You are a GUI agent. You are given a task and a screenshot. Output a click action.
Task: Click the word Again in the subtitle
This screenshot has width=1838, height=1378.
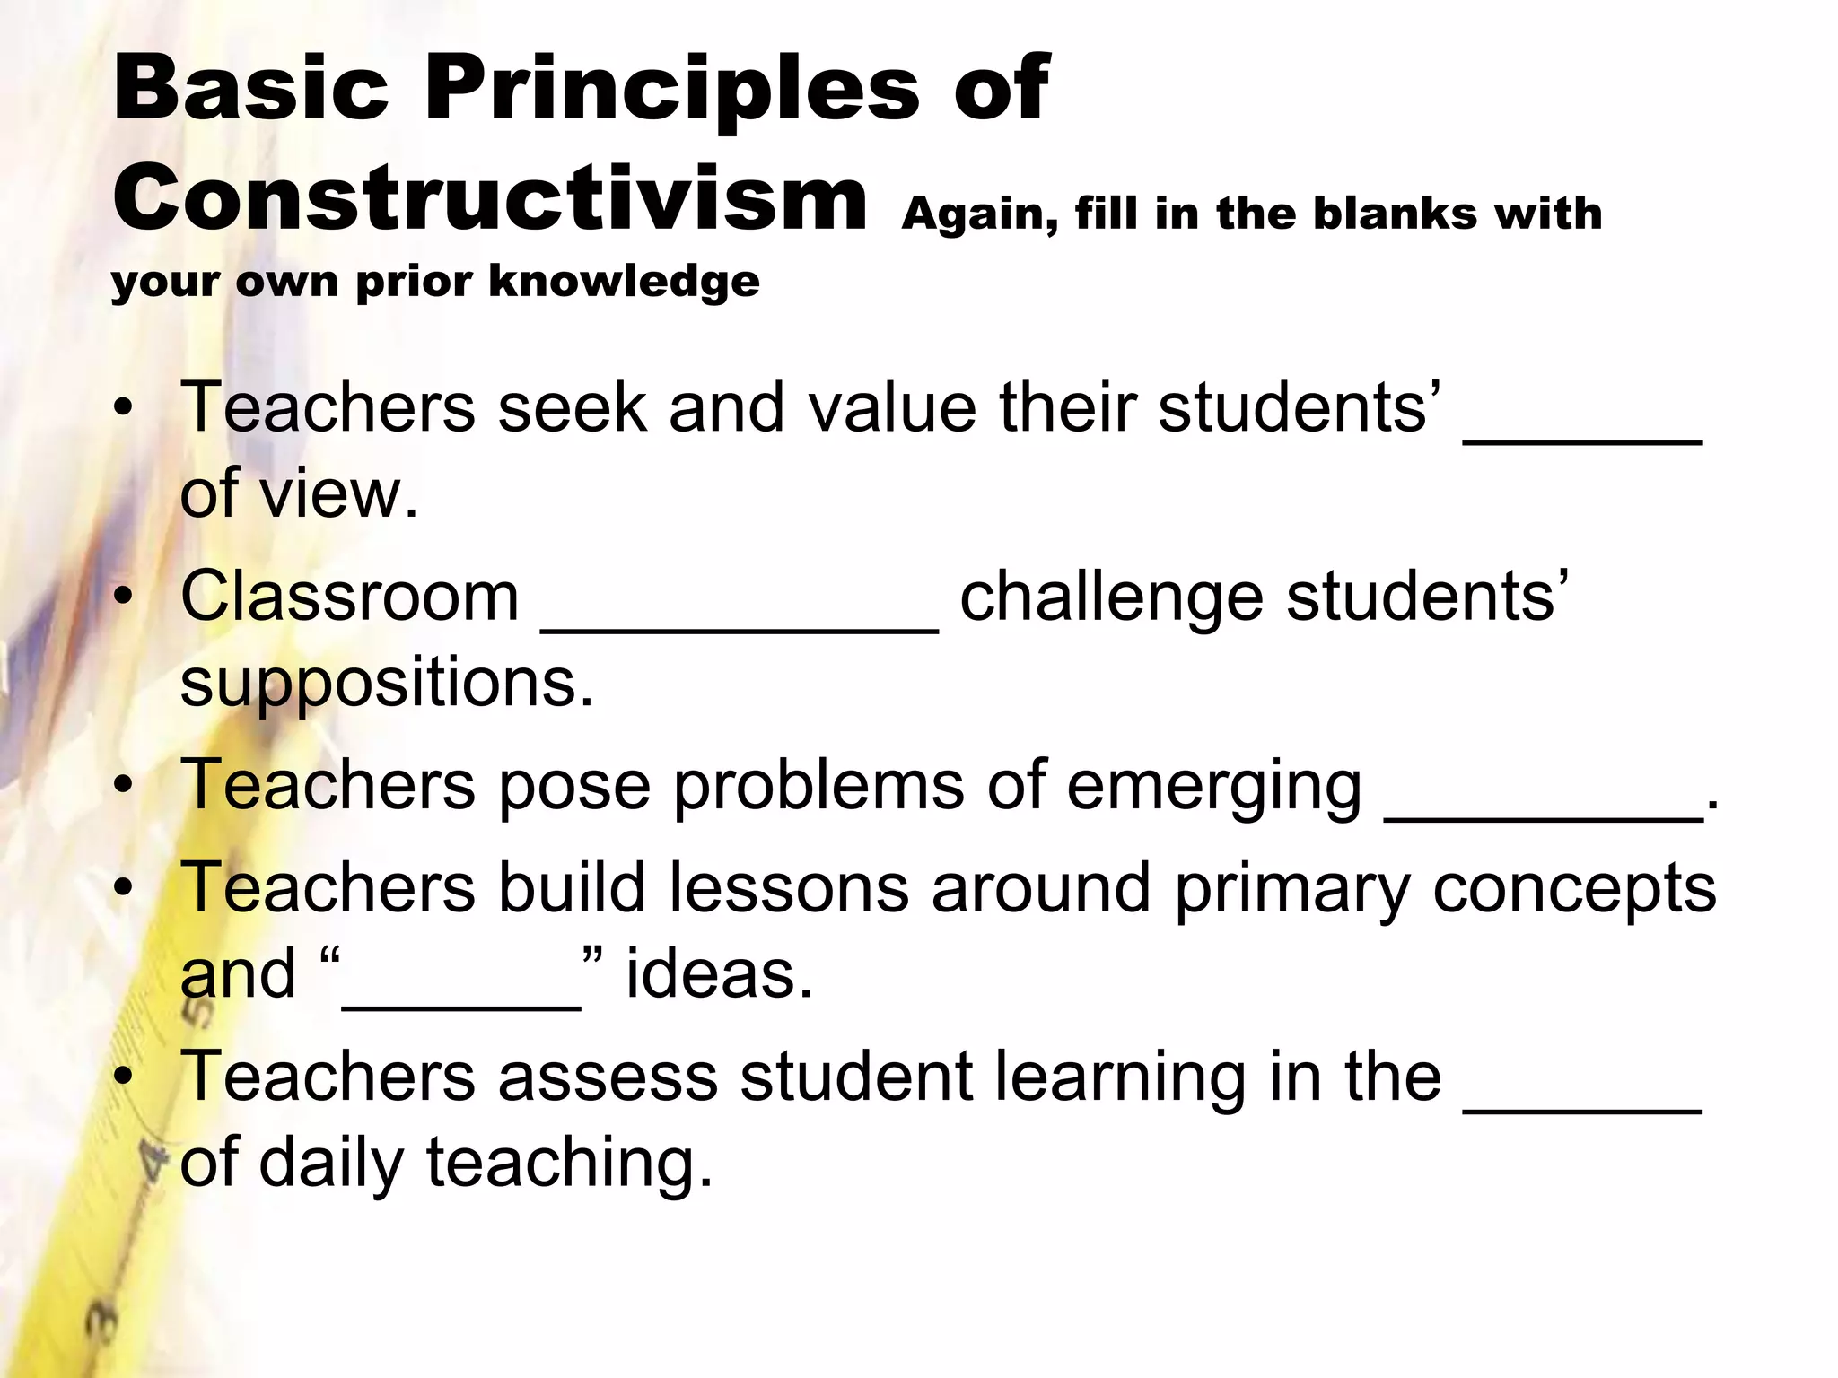(978, 215)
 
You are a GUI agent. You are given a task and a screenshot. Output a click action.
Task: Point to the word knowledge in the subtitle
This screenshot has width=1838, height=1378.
(624, 283)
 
